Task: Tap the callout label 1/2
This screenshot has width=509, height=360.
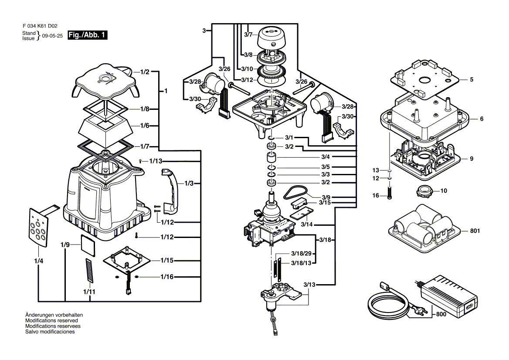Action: [x=145, y=71]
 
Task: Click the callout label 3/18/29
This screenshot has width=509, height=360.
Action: [x=301, y=254]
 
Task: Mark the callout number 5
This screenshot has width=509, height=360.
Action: [x=472, y=80]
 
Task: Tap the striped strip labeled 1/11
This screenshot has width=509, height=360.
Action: [x=89, y=271]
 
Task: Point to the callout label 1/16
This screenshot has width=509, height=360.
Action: [x=167, y=277]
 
